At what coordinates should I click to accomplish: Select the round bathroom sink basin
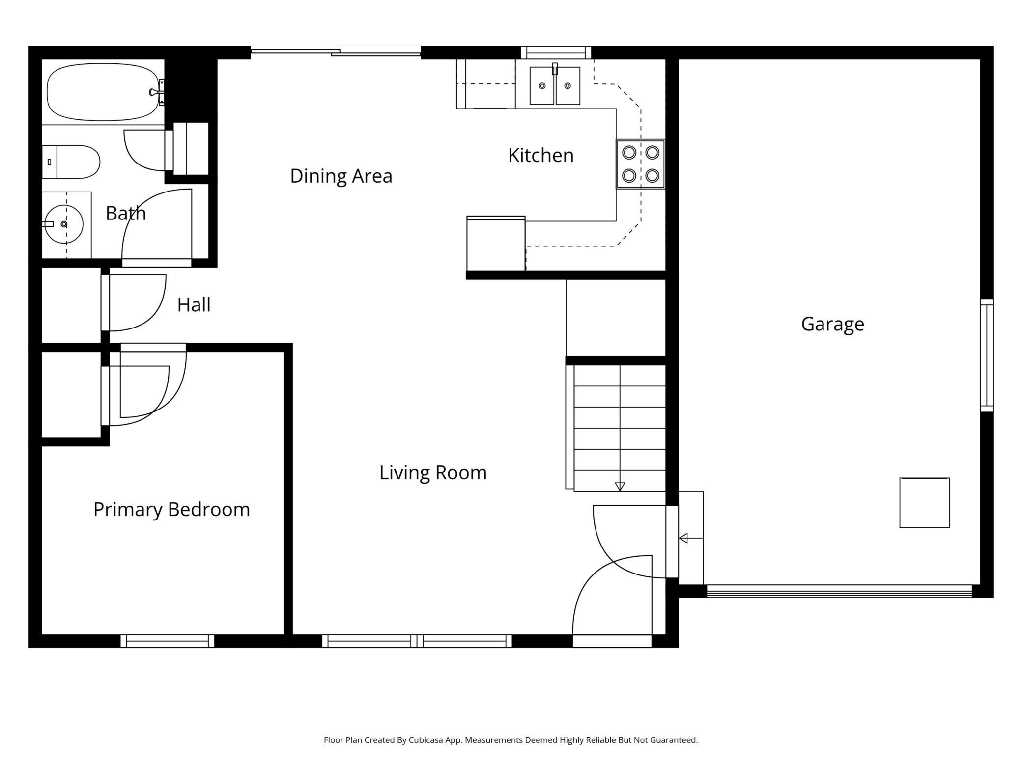64,224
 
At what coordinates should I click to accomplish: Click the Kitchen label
540,155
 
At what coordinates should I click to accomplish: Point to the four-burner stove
641,164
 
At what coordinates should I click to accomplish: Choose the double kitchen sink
555,86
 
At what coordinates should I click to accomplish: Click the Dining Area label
341,176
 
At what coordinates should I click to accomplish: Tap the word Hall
194,305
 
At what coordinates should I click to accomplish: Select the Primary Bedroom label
171,509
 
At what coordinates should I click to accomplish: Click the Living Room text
433,472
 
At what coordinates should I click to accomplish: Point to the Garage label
832,324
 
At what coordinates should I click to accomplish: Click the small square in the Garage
924,503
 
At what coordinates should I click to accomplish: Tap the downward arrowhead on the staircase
620,486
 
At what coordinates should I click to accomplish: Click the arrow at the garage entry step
684,538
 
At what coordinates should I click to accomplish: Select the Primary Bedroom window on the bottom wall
168,641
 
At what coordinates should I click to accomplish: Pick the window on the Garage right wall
986,355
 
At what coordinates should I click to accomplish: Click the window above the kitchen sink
556,53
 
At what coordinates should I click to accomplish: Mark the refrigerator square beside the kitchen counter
496,244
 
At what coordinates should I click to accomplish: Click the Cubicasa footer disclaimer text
511,740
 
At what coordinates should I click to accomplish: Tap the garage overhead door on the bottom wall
839,591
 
